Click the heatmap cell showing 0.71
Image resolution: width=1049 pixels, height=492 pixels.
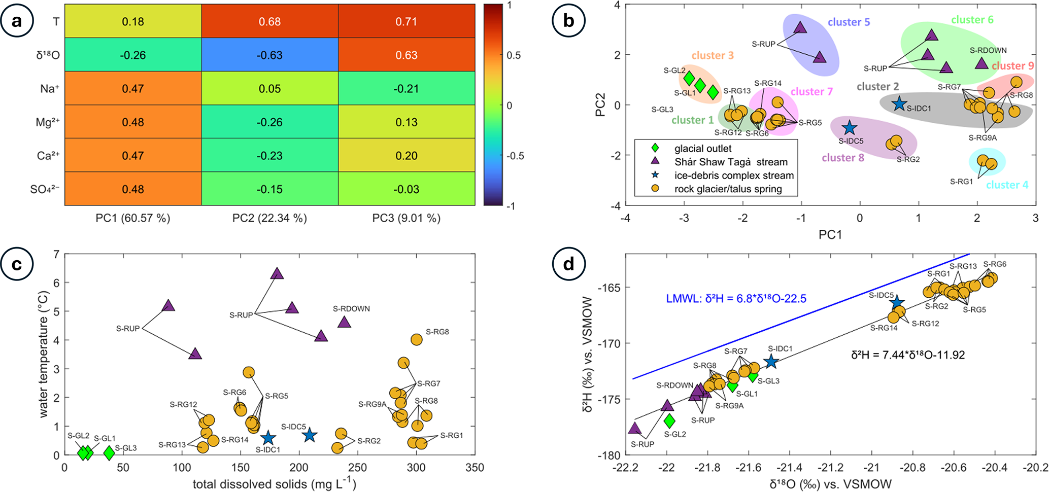(x=407, y=22)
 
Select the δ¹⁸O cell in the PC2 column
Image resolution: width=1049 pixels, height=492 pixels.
(x=269, y=55)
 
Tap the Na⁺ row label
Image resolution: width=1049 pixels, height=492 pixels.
(x=50, y=89)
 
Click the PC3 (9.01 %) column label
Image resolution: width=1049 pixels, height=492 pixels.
(x=406, y=218)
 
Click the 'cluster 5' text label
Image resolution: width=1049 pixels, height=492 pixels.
(x=849, y=22)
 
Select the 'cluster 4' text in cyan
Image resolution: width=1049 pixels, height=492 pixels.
(x=1007, y=185)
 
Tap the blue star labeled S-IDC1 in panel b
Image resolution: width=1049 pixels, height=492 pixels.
(x=899, y=104)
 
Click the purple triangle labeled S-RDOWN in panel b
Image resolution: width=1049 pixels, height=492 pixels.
(x=982, y=64)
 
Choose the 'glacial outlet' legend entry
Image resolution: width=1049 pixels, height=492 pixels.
(x=703, y=149)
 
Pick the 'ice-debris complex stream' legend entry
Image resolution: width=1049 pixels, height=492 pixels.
(x=734, y=175)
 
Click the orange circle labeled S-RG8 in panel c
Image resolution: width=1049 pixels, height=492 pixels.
(x=417, y=340)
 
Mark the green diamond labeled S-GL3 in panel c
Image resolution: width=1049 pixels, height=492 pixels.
(x=109, y=453)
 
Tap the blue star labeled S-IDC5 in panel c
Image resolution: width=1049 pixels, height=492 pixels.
(x=310, y=435)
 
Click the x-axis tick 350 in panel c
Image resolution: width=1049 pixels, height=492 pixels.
(x=475, y=468)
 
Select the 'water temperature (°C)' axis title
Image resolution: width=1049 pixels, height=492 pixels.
(x=44, y=354)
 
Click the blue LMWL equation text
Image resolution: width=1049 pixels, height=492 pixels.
(x=736, y=299)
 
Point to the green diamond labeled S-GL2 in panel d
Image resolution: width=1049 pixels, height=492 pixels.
(x=669, y=420)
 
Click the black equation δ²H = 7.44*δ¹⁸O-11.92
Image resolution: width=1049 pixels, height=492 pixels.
(x=908, y=355)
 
